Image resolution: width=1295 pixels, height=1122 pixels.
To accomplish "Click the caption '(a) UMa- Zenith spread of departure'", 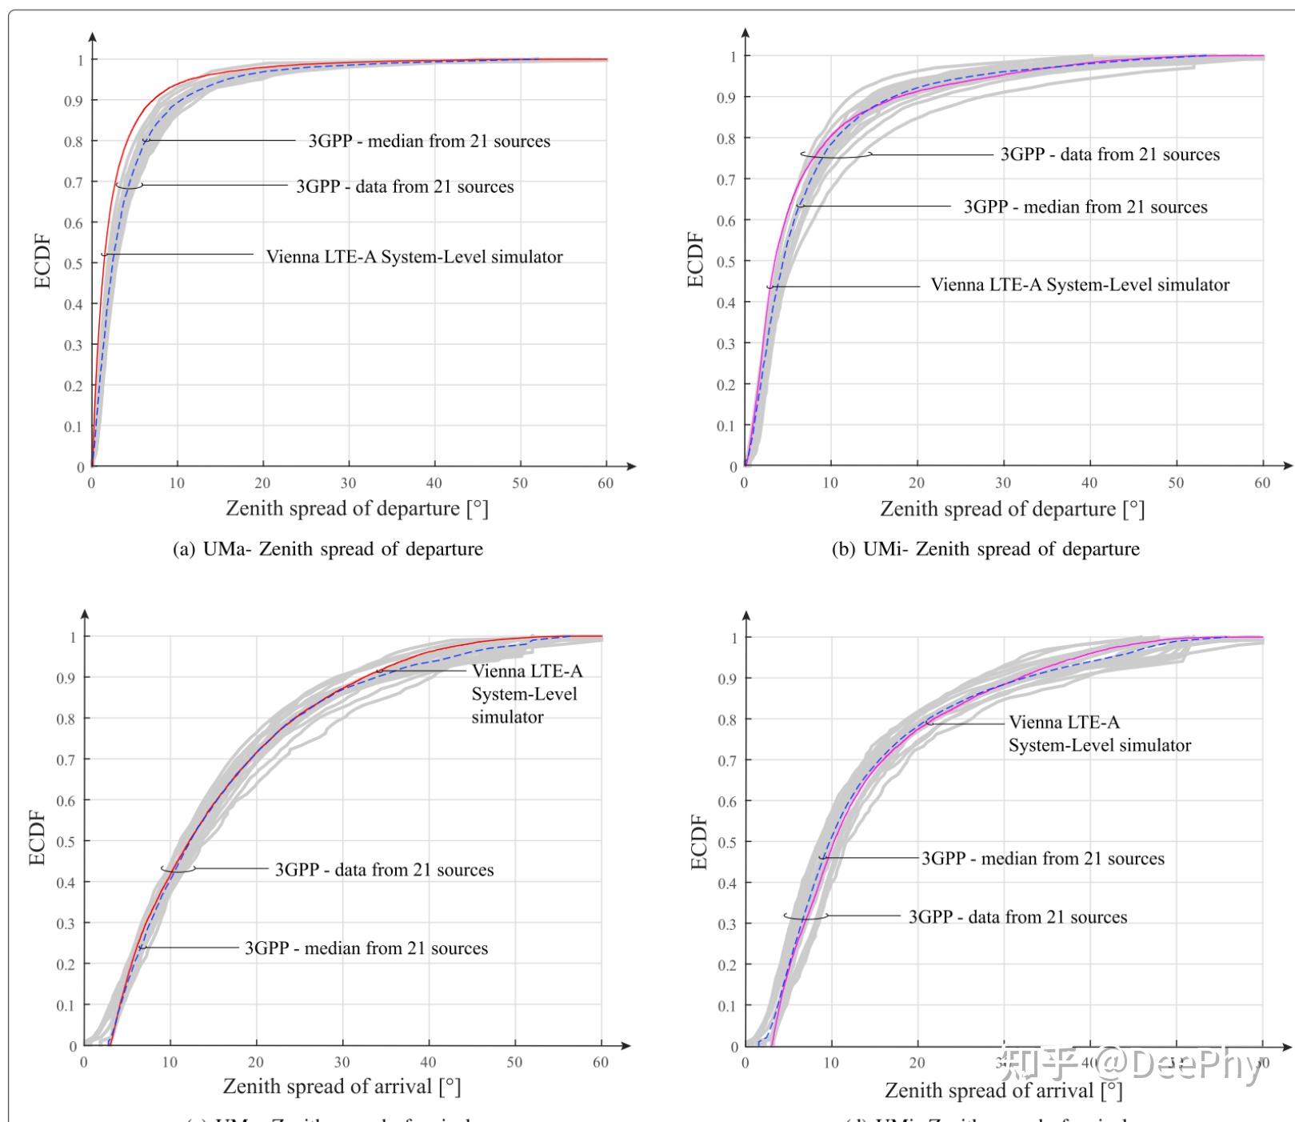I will point(328,549).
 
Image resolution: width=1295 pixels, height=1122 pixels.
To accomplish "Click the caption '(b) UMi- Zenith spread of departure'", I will point(985,549).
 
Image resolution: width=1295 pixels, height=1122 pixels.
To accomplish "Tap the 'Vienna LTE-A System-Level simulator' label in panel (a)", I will point(414,257).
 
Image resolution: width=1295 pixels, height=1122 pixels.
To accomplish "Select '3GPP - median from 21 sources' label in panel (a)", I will point(430,142).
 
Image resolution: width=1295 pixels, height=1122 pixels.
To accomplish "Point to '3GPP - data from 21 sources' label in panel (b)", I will point(1110,154).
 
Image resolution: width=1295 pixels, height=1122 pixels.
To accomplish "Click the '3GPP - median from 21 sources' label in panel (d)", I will point(1043,859).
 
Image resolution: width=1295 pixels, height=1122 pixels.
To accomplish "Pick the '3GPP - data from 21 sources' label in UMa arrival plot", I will point(385,870).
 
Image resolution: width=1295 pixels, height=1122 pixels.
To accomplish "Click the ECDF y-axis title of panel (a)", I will point(42,261).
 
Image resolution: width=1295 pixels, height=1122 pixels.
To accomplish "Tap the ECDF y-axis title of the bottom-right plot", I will point(699,842).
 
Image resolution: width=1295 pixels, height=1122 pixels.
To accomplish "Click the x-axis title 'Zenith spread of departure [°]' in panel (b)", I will point(1012,509).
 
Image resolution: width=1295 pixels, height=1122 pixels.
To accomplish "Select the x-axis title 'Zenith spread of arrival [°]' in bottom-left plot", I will point(342,1086).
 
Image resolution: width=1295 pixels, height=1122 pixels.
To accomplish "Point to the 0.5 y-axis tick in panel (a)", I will point(79,263).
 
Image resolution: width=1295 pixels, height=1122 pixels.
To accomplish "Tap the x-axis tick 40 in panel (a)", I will point(434,483).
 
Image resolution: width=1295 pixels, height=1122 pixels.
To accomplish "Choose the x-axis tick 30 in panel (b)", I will point(1003,483).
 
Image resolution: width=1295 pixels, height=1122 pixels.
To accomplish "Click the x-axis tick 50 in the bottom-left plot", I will point(514,1063).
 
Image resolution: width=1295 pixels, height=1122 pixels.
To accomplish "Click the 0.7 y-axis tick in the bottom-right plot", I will point(727,760).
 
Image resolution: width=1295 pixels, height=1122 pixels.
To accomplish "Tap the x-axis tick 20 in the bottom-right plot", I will point(917,1064).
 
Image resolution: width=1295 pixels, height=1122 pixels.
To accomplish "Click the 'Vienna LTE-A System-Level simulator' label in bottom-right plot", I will point(1099,734).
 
